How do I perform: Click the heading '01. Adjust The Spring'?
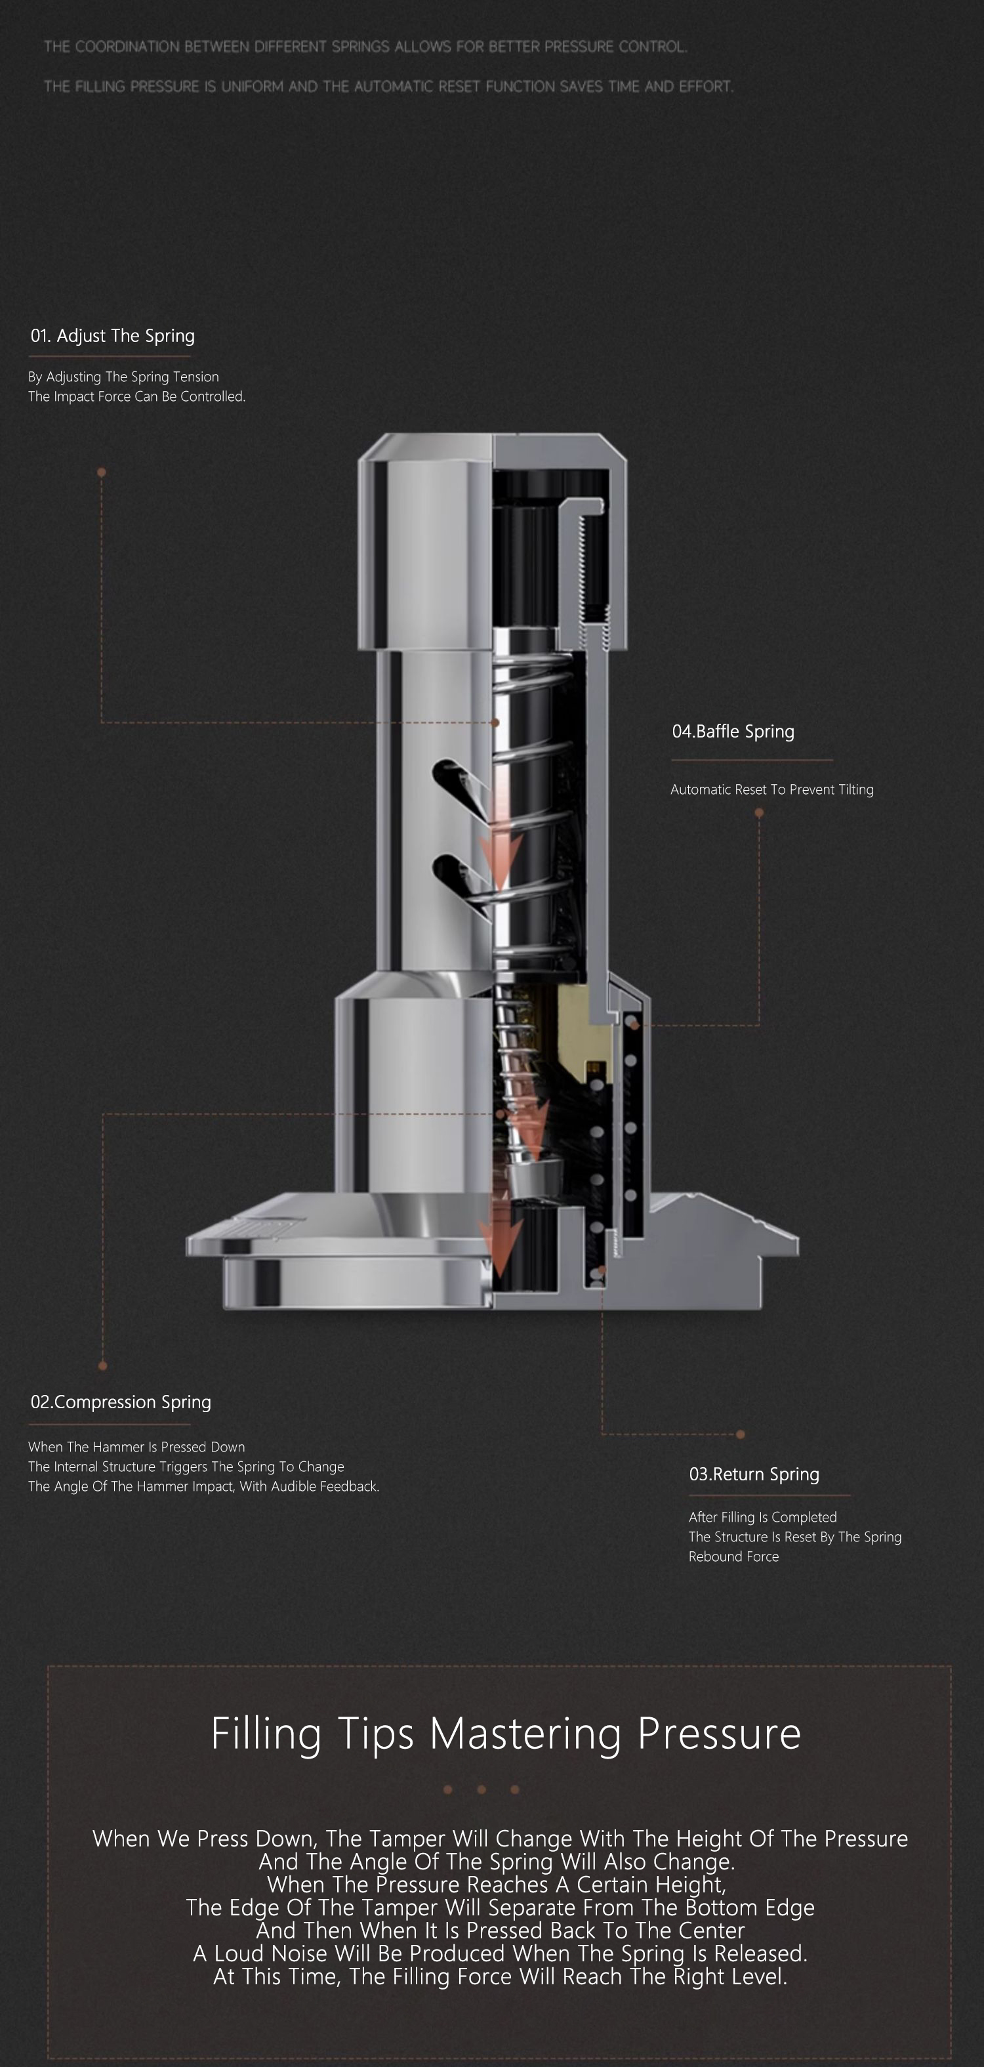tap(112, 335)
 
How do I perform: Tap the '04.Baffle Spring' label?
tap(733, 731)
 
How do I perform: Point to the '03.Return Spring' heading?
tap(754, 1474)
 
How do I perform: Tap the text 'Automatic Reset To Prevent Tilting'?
tap(771, 789)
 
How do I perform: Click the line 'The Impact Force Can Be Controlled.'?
tap(136, 396)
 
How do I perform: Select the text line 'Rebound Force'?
tap(733, 1556)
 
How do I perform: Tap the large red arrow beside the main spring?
tap(501, 835)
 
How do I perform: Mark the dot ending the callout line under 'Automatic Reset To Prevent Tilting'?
tap(758, 813)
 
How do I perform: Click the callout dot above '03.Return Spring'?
tap(740, 1434)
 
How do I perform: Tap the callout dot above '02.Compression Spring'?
tap(102, 1365)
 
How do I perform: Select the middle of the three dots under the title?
tap(481, 1789)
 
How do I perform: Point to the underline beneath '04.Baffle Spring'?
tap(752, 760)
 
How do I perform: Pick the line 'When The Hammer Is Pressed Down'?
tap(136, 1447)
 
